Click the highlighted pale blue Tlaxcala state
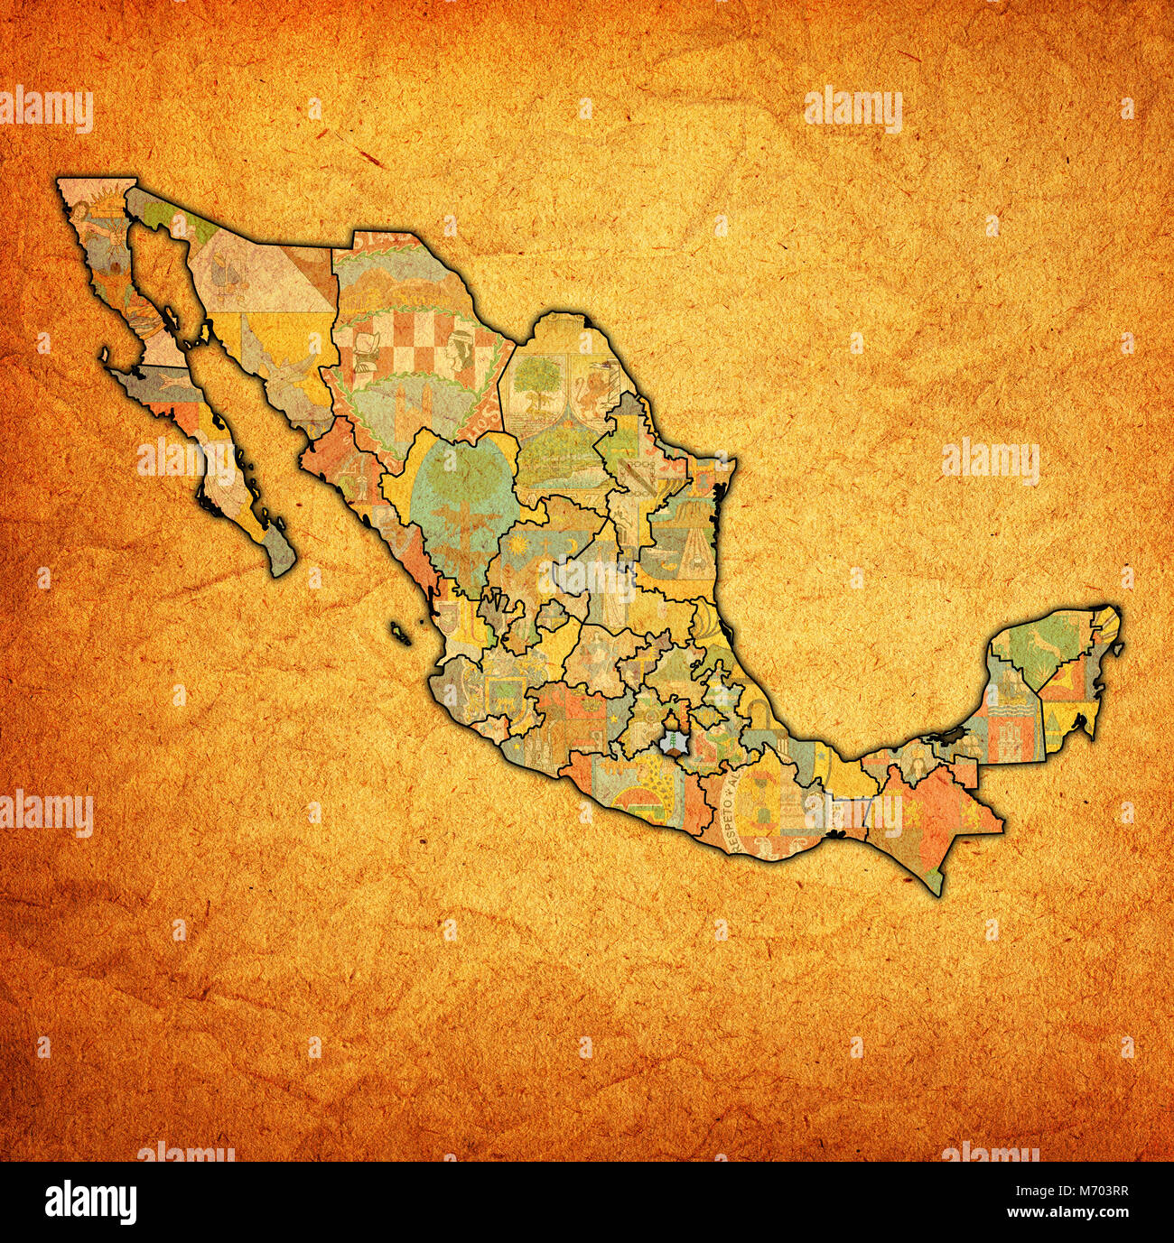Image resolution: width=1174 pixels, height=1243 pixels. click(x=673, y=741)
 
